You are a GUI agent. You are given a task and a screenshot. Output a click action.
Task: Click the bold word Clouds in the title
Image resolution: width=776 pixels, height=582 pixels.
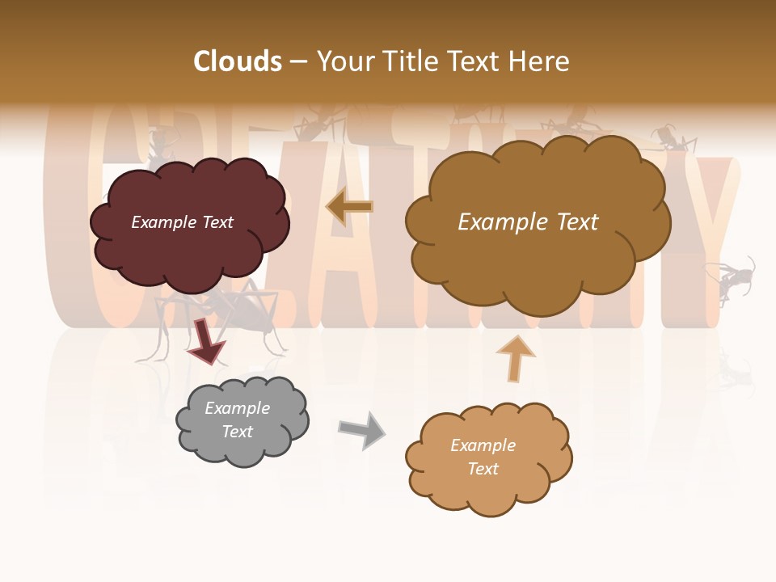[238, 61]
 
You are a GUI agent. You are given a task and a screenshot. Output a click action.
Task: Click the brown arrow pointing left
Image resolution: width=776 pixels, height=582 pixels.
[349, 206]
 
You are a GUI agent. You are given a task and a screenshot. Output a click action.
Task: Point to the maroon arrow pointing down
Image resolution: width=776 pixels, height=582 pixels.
[206, 341]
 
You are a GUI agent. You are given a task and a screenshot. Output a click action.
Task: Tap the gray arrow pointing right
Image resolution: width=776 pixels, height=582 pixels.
[362, 429]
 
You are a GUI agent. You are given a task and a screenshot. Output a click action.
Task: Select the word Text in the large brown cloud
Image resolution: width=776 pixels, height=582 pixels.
[571, 222]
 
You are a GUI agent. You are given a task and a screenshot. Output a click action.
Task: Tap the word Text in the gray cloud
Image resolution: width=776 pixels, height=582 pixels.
[238, 432]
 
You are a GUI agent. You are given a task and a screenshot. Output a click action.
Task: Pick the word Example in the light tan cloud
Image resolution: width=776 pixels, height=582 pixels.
[483, 445]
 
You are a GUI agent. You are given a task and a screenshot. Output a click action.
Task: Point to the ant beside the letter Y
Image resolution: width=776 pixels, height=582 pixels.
[732, 279]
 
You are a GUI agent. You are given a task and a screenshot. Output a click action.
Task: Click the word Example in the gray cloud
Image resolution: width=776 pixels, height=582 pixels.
[238, 408]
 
